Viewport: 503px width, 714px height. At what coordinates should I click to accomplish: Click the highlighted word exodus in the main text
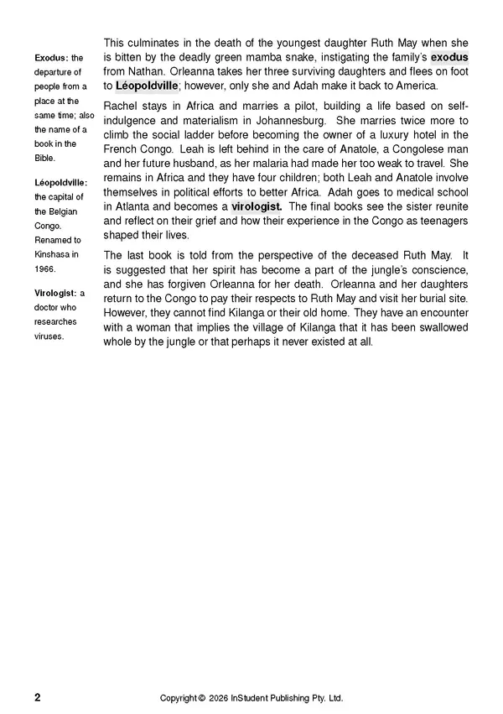click(x=449, y=57)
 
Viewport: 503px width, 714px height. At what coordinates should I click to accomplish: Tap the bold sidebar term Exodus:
click(x=51, y=58)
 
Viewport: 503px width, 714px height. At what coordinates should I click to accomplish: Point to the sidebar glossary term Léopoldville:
click(x=60, y=180)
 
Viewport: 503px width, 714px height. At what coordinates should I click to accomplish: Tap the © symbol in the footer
click(x=201, y=698)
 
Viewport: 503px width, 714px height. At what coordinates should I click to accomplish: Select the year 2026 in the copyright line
click(x=220, y=698)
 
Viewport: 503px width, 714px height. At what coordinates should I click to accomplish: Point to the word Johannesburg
click(x=277, y=121)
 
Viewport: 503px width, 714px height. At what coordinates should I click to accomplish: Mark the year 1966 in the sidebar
click(x=44, y=268)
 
